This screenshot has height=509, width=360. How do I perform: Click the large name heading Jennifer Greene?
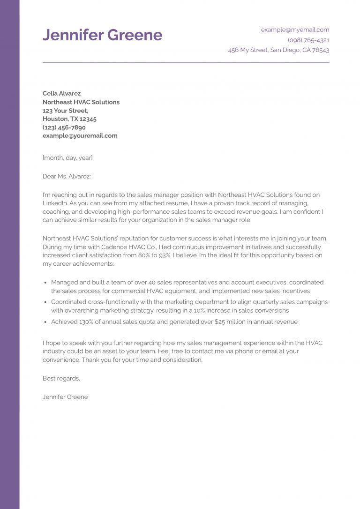(102, 35)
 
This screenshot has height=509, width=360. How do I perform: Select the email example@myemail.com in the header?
(295, 30)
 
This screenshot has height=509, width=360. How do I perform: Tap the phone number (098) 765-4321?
(308, 40)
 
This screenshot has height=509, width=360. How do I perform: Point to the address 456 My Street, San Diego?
(278, 50)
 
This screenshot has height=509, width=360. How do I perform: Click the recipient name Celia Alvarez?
(62, 93)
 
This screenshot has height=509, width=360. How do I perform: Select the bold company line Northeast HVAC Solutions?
(81, 102)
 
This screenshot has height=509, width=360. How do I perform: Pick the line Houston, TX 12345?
(69, 119)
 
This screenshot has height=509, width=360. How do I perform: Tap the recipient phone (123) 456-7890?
(64, 127)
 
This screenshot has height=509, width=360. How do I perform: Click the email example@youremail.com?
(80, 136)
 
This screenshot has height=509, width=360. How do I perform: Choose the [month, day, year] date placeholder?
(67, 158)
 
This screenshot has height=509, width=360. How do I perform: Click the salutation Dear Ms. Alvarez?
(67, 176)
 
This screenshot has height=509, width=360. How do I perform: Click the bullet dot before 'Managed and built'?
(45, 283)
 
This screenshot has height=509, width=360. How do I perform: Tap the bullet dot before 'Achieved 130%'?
(45, 322)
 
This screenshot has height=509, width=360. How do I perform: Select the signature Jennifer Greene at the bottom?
(65, 397)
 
